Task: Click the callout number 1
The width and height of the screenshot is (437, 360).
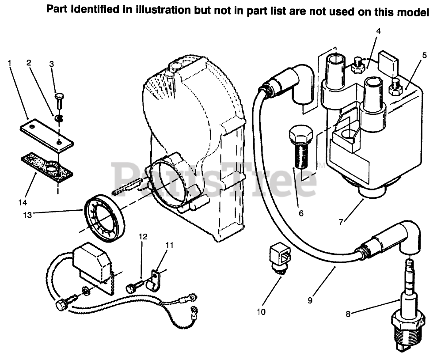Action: tap(10, 63)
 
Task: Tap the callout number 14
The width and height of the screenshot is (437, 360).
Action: tap(23, 203)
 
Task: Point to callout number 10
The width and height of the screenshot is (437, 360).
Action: tap(261, 312)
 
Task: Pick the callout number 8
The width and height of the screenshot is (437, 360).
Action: tap(348, 314)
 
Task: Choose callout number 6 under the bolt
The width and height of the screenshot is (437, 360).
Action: tap(301, 213)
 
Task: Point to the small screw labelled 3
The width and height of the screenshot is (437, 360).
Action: tap(60, 101)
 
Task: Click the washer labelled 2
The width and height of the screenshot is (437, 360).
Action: tap(58, 118)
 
